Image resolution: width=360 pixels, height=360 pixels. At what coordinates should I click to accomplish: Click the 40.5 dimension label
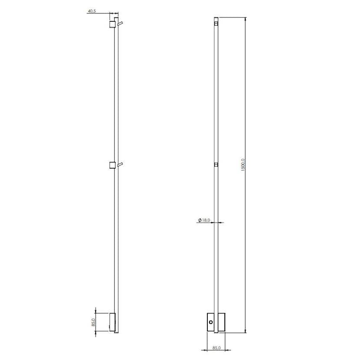tap(92, 11)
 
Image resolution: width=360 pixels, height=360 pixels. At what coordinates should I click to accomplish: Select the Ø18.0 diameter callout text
tap(204, 220)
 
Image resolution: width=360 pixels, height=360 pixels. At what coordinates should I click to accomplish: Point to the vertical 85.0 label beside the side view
tap(93, 322)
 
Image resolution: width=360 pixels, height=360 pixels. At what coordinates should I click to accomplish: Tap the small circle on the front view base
tap(211, 322)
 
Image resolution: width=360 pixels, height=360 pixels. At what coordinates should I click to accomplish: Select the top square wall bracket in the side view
tap(112, 24)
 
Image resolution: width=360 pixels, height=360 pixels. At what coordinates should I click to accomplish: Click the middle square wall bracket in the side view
tap(112, 165)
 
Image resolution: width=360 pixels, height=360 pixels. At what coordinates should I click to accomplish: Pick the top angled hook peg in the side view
tap(120, 23)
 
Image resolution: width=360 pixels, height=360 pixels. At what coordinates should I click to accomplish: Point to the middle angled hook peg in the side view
tap(120, 164)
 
